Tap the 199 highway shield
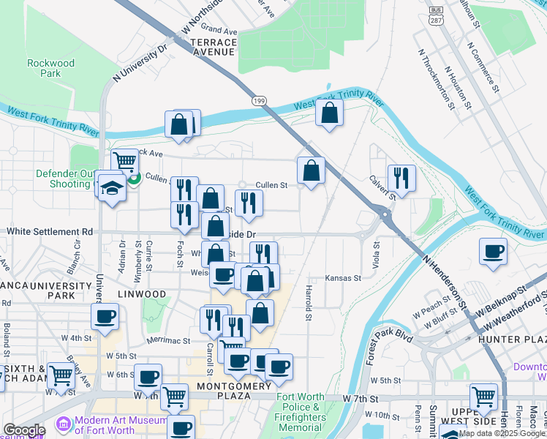[x=259, y=100]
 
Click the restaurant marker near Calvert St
[x=401, y=176]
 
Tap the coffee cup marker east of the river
[x=493, y=251]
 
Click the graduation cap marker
[x=112, y=190]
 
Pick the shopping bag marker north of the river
[x=330, y=113]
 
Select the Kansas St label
[x=343, y=278]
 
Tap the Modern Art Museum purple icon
[x=63, y=424]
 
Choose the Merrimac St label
[x=167, y=340]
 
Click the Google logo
[x=23, y=430]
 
